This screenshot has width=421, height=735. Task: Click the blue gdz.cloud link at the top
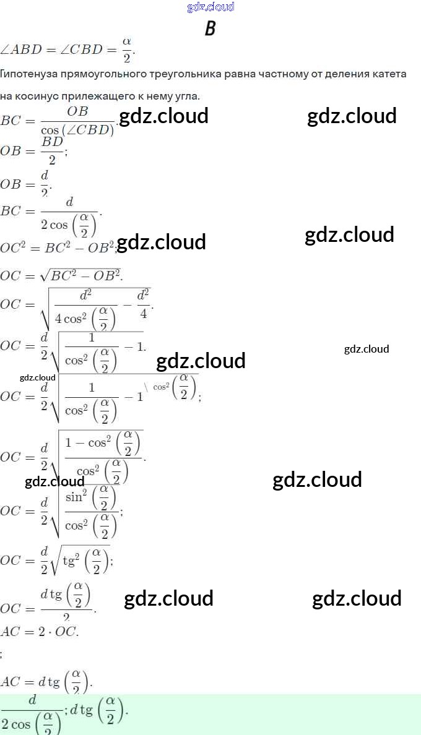coord(210,7)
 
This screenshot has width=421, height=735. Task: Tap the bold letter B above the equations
coord(210,28)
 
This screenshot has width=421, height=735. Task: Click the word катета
coord(388,74)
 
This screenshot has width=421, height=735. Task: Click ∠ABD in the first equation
coord(23,48)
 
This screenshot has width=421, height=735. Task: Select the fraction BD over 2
coord(52,150)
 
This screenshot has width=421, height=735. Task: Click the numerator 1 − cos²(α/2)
coord(103,442)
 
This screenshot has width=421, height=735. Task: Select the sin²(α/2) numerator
coord(90,497)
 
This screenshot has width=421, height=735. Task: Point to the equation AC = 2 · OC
coord(40,632)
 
